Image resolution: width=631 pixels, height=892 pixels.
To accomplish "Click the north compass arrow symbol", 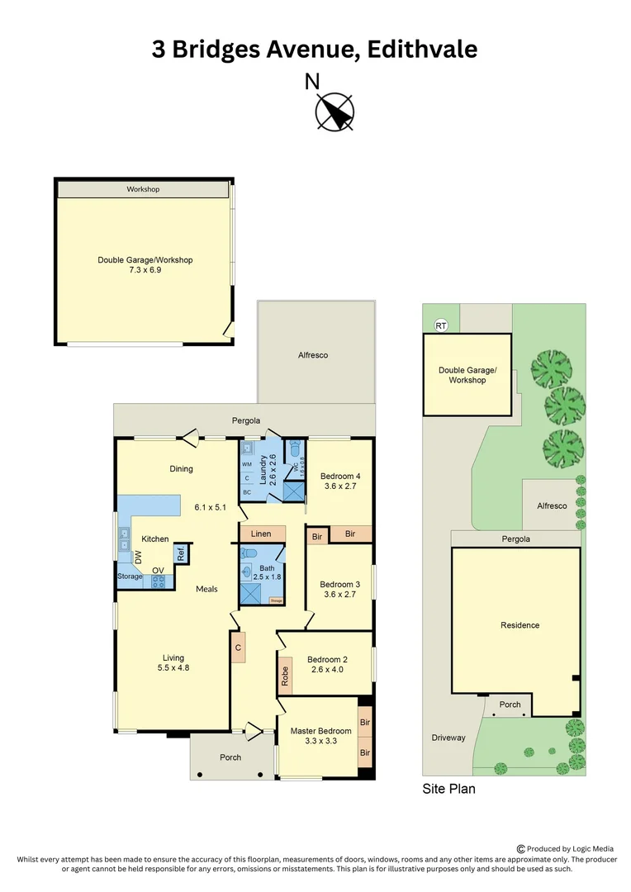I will pyautogui.click(x=335, y=111).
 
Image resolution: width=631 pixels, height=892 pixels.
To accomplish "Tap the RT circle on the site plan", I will pyautogui.click(x=440, y=325).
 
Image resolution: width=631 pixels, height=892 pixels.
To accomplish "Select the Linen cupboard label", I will pyautogui.click(x=261, y=534).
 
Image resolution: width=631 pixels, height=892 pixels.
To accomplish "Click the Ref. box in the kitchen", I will pyautogui.click(x=180, y=553).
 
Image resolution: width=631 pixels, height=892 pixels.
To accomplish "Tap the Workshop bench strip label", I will pyautogui.click(x=143, y=189).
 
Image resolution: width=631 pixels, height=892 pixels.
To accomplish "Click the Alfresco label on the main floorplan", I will pyautogui.click(x=313, y=355).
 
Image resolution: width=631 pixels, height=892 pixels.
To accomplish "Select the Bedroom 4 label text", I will pyautogui.click(x=339, y=477).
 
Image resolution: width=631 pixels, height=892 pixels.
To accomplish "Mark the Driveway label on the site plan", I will pyautogui.click(x=448, y=738).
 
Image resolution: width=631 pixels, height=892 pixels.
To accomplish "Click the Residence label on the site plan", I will pyautogui.click(x=520, y=625).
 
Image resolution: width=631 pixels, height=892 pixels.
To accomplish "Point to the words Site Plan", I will pyautogui.click(x=448, y=789).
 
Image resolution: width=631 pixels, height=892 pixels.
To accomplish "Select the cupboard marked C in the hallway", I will pyautogui.click(x=238, y=647).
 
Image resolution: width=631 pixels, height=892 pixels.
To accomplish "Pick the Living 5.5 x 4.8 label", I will pyautogui.click(x=173, y=662).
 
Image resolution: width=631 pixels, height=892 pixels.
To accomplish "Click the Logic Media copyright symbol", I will pyautogui.click(x=520, y=848).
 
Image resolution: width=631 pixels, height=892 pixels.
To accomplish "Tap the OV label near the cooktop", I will pyautogui.click(x=156, y=569).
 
